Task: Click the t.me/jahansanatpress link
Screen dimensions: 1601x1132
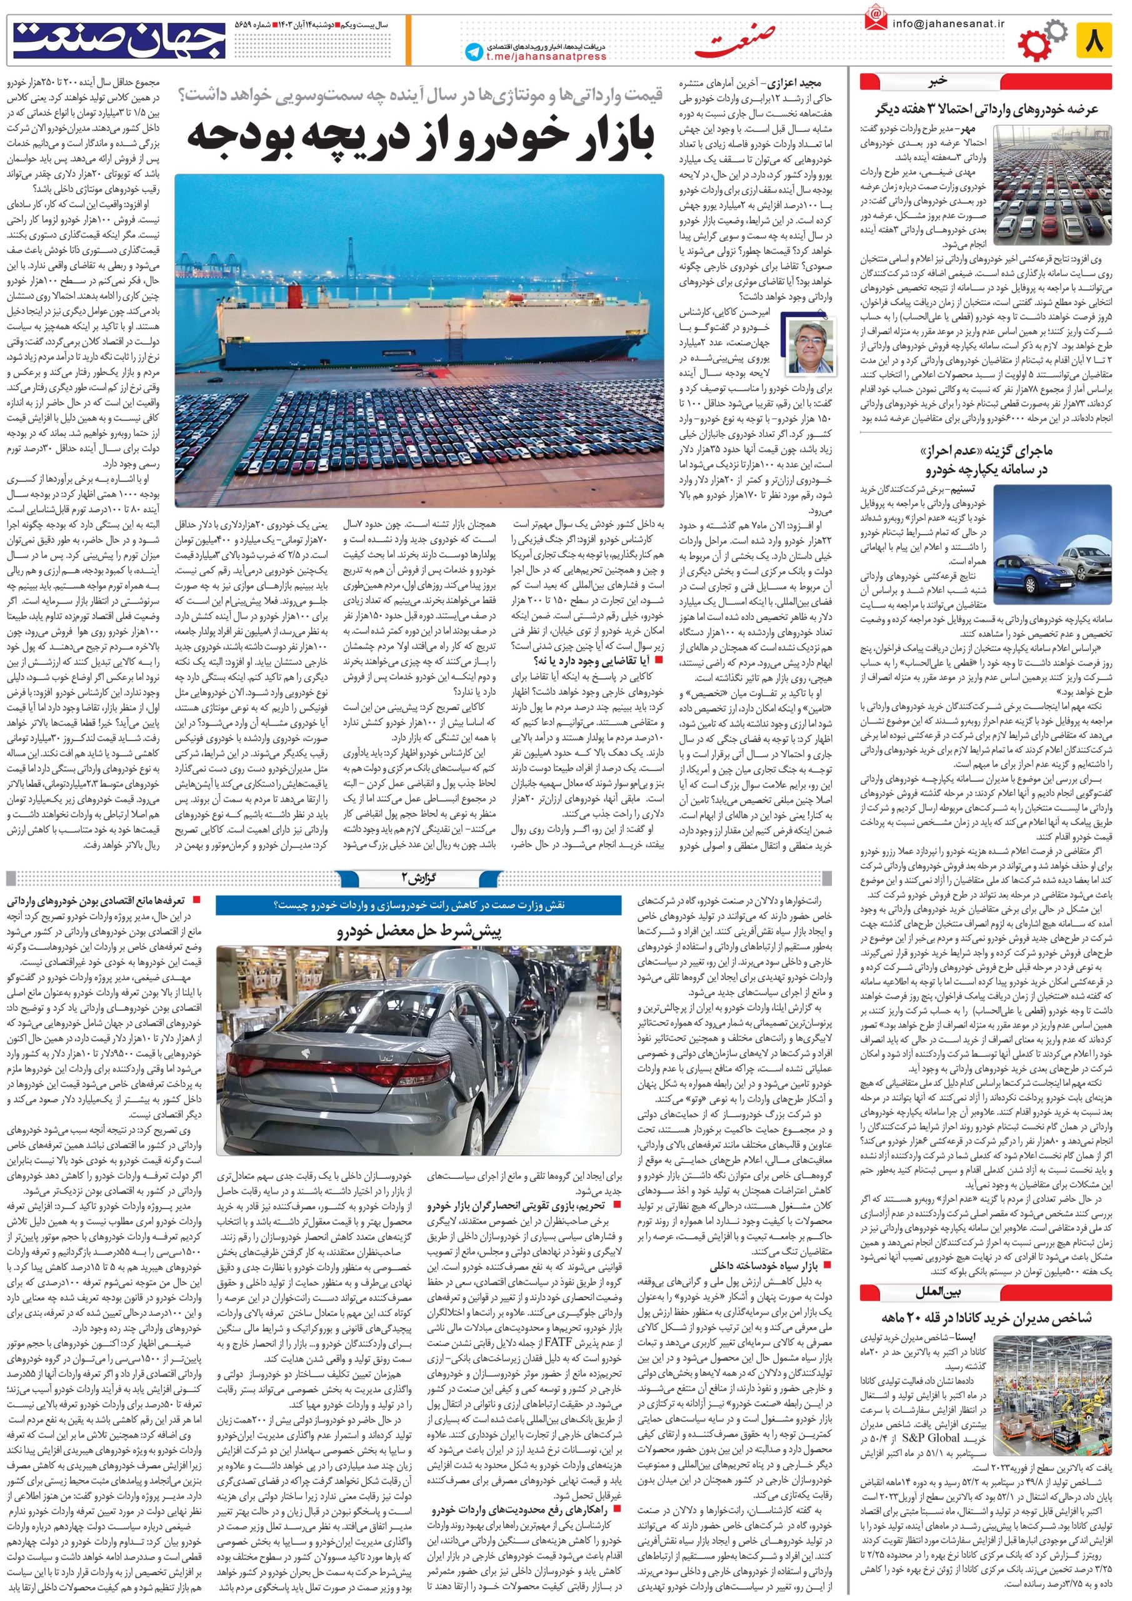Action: pos(546,57)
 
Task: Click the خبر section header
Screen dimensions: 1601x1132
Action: pos(938,80)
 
